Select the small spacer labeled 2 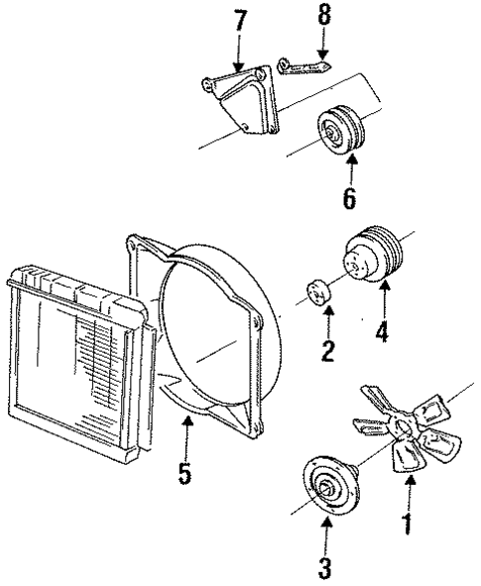[x=319, y=294]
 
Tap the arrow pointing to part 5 [x=184, y=434]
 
